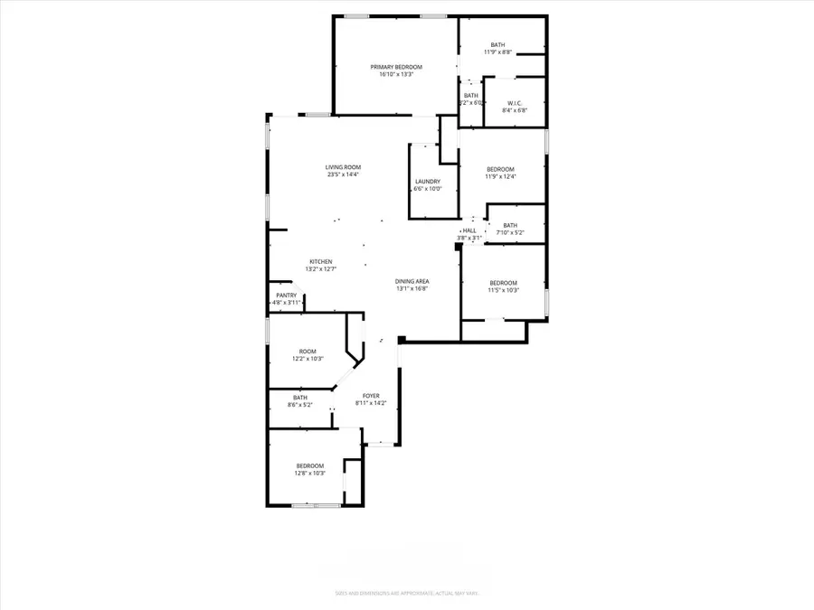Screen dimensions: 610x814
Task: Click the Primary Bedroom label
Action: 396,67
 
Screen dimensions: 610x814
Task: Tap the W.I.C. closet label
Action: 516,103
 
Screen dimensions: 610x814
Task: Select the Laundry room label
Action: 428,182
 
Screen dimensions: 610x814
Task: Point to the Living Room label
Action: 344,167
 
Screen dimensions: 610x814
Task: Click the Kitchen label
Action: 321,261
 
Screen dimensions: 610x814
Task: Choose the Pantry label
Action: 287,296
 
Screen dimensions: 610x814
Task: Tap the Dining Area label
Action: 412,282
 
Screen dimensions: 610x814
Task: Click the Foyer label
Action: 371,396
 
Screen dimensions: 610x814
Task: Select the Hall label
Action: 470,230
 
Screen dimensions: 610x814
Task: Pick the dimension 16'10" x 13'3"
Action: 396,74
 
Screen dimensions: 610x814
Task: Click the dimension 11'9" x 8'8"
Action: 498,52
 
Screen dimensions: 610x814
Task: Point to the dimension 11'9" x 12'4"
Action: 500,177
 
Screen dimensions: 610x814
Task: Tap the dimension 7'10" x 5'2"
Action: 510,233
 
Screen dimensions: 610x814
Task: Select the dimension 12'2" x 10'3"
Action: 308,359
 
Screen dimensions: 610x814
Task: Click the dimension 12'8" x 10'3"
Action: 309,473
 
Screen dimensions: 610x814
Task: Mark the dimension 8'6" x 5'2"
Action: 299,405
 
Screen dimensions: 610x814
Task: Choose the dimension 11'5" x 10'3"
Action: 503,290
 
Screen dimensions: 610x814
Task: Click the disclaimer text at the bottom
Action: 407,594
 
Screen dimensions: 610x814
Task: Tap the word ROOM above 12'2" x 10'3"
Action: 308,352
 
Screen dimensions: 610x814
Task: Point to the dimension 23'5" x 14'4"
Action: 344,174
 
